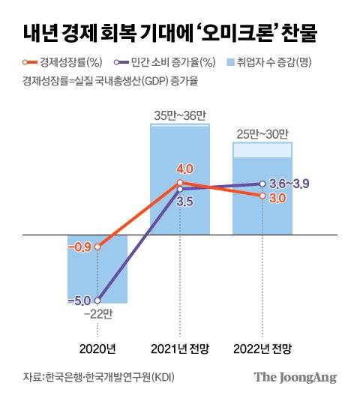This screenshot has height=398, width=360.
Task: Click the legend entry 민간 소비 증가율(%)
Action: tap(162, 63)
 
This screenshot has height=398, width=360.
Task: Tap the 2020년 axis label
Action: tap(97, 349)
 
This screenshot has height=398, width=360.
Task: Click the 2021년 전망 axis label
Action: tap(179, 349)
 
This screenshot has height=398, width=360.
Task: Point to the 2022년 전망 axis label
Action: tap(262, 349)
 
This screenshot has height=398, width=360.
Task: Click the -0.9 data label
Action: tap(79, 247)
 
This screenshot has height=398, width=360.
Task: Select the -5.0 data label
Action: tap(79, 301)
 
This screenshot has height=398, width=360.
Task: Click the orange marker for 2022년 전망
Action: tap(262, 196)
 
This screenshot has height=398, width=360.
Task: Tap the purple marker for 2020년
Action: tap(97, 301)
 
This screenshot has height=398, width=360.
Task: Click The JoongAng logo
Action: tap(294, 377)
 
